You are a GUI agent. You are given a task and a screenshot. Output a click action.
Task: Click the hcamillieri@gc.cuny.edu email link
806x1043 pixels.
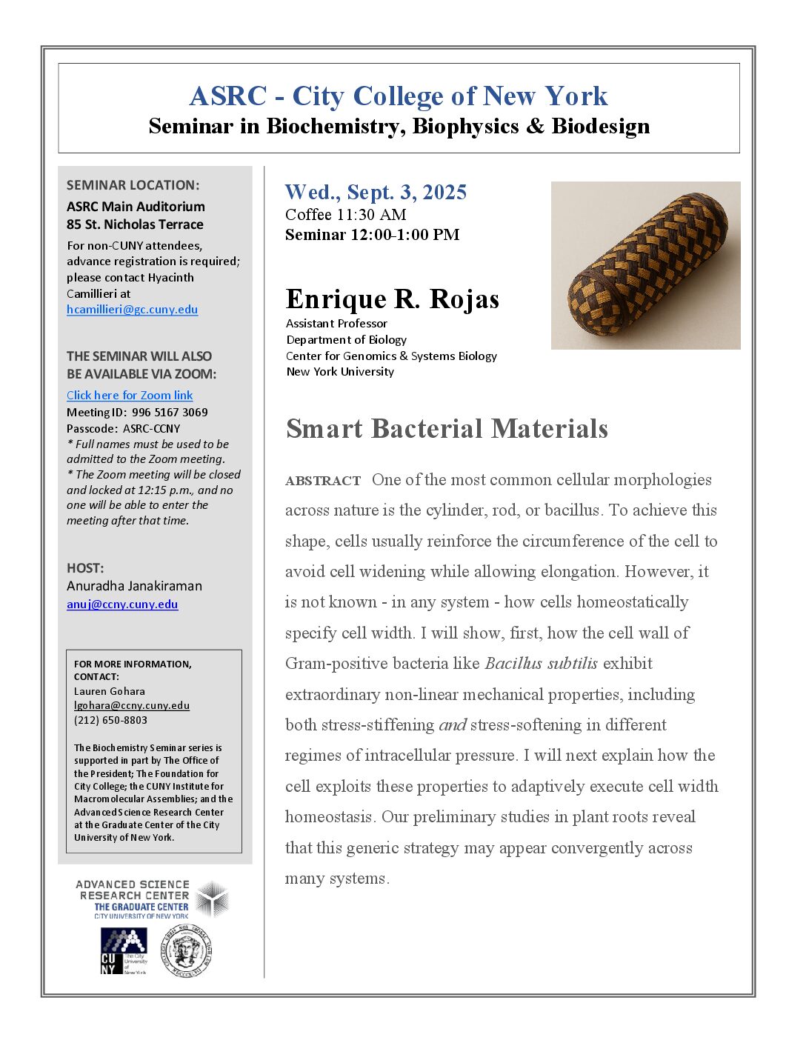click(x=132, y=310)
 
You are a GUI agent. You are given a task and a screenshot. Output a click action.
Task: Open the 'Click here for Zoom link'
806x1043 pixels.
click(x=130, y=396)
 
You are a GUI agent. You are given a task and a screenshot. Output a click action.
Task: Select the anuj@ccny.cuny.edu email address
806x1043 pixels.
click(x=122, y=604)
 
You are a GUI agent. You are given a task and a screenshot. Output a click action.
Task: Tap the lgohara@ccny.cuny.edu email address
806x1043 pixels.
click(x=132, y=706)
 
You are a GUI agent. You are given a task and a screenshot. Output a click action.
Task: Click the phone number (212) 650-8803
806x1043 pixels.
click(x=110, y=720)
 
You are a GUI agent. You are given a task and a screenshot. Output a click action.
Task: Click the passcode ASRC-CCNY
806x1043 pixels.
click(x=151, y=429)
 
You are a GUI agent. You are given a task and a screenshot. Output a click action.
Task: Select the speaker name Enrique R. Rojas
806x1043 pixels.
click(x=393, y=299)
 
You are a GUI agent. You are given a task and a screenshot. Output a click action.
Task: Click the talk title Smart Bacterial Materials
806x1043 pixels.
click(x=447, y=429)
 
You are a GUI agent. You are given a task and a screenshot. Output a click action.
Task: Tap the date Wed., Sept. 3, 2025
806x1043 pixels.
click(x=376, y=193)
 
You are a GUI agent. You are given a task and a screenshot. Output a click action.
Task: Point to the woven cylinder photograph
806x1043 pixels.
click(x=645, y=265)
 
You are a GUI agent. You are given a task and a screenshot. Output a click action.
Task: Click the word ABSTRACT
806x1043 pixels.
click(x=323, y=481)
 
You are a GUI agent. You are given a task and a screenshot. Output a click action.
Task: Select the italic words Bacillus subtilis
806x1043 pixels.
click(x=541, y=664)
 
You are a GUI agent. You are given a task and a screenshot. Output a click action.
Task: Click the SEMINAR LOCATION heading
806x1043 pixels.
click(x=133, y=185)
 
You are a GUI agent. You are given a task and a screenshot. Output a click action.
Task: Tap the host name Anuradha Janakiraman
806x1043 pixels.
click(x=134, y=586)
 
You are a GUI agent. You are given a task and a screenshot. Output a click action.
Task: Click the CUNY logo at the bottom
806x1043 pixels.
click(x=123, y=951)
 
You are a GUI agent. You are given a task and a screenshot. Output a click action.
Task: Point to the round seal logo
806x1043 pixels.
click(x=187, y=951)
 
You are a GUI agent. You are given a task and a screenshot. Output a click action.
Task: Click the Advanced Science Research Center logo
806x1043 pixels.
click(x=152, y=899)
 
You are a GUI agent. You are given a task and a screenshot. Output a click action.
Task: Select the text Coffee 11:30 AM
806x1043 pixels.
click(x=345, y=215)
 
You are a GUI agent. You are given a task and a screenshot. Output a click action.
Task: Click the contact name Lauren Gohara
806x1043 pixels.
click(x=110, y=691)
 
